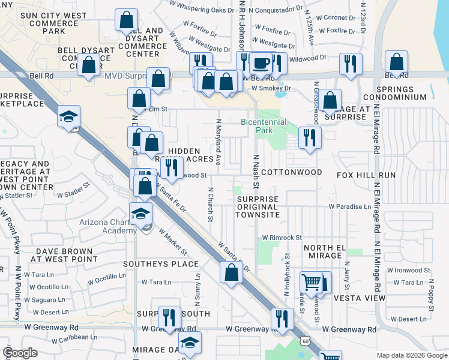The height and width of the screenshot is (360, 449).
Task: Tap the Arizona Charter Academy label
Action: [x=107, y=226]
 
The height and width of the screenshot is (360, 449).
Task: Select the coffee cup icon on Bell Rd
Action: [x=261, y=62]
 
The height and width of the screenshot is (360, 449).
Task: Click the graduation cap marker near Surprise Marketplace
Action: [x=69, y=116]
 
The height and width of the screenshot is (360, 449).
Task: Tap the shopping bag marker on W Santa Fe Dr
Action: [x=232, y=273]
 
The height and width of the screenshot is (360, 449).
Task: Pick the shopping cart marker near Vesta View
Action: [x=312, y=281]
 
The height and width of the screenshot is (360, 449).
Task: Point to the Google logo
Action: [x=20, y=353]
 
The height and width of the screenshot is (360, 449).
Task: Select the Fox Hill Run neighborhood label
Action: [x=366, y=175]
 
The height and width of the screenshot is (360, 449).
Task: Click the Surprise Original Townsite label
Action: [x=258, y=207]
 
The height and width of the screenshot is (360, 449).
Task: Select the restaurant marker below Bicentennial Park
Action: [x=309, y=138]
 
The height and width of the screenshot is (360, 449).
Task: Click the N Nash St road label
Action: [x=256, y=171]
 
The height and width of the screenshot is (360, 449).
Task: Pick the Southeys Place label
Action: [x=161, y=263]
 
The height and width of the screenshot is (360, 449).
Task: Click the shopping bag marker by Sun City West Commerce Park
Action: [x=127, y=20]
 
